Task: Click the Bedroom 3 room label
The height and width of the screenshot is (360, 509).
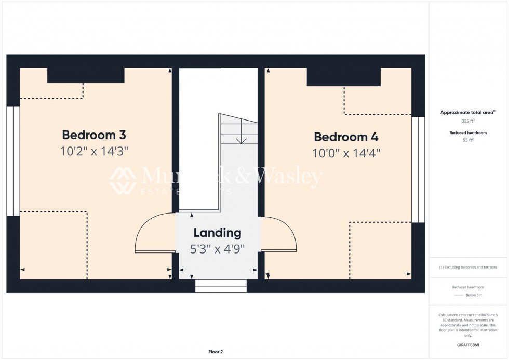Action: click(94, 135)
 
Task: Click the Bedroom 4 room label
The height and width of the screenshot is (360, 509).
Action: click(346, 137)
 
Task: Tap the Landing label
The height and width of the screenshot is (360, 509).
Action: click(217, 233)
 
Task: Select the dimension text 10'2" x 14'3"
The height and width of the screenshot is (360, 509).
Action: click(94, 151)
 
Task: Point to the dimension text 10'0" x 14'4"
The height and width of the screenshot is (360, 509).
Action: click(346, 153)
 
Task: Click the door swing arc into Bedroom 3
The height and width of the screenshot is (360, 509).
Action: click(148, 234)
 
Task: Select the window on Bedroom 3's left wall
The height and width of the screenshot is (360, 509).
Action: click(13, 161)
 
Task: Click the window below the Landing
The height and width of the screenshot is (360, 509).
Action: click(221, 286)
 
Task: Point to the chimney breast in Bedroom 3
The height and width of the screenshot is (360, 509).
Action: click(86, 75)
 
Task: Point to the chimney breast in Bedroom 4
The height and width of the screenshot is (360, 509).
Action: click(344, 77)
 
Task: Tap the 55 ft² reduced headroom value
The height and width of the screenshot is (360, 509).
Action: click(468, 140)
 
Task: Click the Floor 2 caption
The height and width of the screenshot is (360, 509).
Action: click(215, 352)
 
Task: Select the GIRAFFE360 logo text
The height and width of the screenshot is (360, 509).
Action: click(468, 344)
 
